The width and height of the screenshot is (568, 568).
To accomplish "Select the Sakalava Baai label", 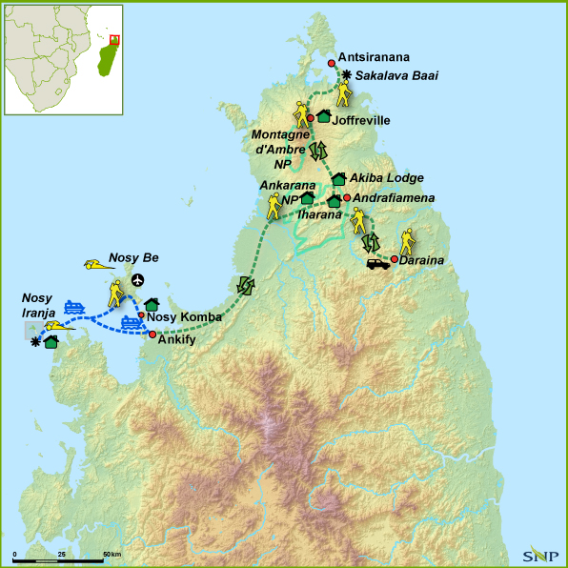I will click(x=396, y=76).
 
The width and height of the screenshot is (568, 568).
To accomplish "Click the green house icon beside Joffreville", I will click(x=322, y=116).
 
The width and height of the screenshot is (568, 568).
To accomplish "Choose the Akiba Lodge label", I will click(x=386, y=178).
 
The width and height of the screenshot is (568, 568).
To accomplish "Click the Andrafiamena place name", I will click(x=395, y=198).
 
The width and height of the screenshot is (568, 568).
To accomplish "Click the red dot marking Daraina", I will click(x=394, y=258).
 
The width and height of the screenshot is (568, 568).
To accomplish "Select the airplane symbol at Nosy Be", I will click(x=140, y=279).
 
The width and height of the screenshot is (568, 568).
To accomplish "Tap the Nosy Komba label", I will click(x=184, y=316).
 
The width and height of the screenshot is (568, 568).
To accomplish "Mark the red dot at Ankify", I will click(x=152, y=335).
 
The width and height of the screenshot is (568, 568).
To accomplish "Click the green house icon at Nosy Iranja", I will click(x=51, y=341).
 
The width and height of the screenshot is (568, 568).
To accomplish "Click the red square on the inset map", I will click(x=115, y=40).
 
